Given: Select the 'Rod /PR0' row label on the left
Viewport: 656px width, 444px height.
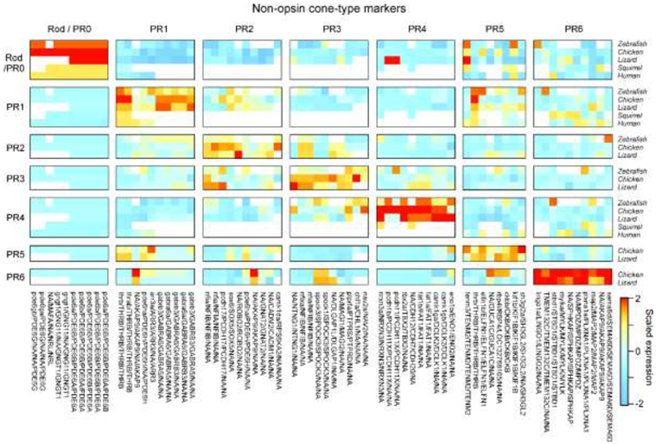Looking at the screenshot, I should [x=13, y=58].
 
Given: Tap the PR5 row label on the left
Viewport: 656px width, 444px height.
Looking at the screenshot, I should [x=13, y=254].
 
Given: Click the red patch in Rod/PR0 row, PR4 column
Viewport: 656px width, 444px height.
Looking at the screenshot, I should [x=392, y=60].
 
